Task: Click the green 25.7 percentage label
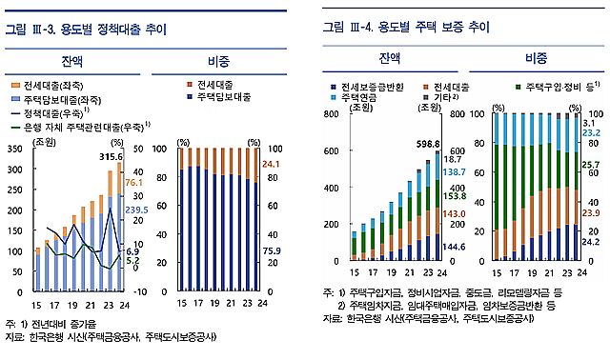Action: click(591, 165)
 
